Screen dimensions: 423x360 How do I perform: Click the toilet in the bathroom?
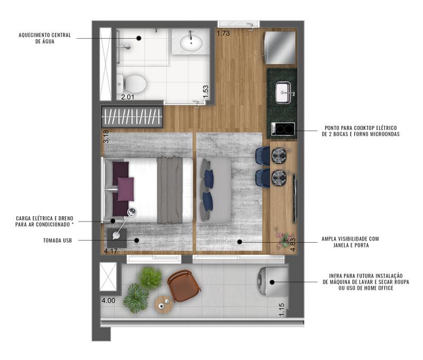click(132, 84)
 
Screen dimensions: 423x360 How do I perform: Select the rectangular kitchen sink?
click(283, 93)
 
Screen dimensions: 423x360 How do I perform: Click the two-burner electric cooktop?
click(283, 128)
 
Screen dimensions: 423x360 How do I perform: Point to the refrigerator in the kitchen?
click(280, 48)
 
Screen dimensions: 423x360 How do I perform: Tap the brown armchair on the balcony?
click(183, 285)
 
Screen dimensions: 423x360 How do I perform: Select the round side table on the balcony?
click(163, 304)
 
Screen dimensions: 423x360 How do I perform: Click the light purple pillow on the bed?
click(126, 189)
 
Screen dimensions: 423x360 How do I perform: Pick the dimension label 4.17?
click(111, 251)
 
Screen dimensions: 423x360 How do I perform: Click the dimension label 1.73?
click(223, 33)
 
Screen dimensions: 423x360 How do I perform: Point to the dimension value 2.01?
click(127, 97)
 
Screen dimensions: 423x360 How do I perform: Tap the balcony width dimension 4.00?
click(108, 300)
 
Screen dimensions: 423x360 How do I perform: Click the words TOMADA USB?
click(58, 241)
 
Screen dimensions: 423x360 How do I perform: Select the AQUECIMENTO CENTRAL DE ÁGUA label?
click(45, 38)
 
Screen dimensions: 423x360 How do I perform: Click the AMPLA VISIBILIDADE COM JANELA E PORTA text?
click(350, 242)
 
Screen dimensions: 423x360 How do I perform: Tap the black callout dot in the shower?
click(139, 38)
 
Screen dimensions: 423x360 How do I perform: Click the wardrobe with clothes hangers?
click(132, 116)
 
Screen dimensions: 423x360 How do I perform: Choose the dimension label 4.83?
click(293, 245)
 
